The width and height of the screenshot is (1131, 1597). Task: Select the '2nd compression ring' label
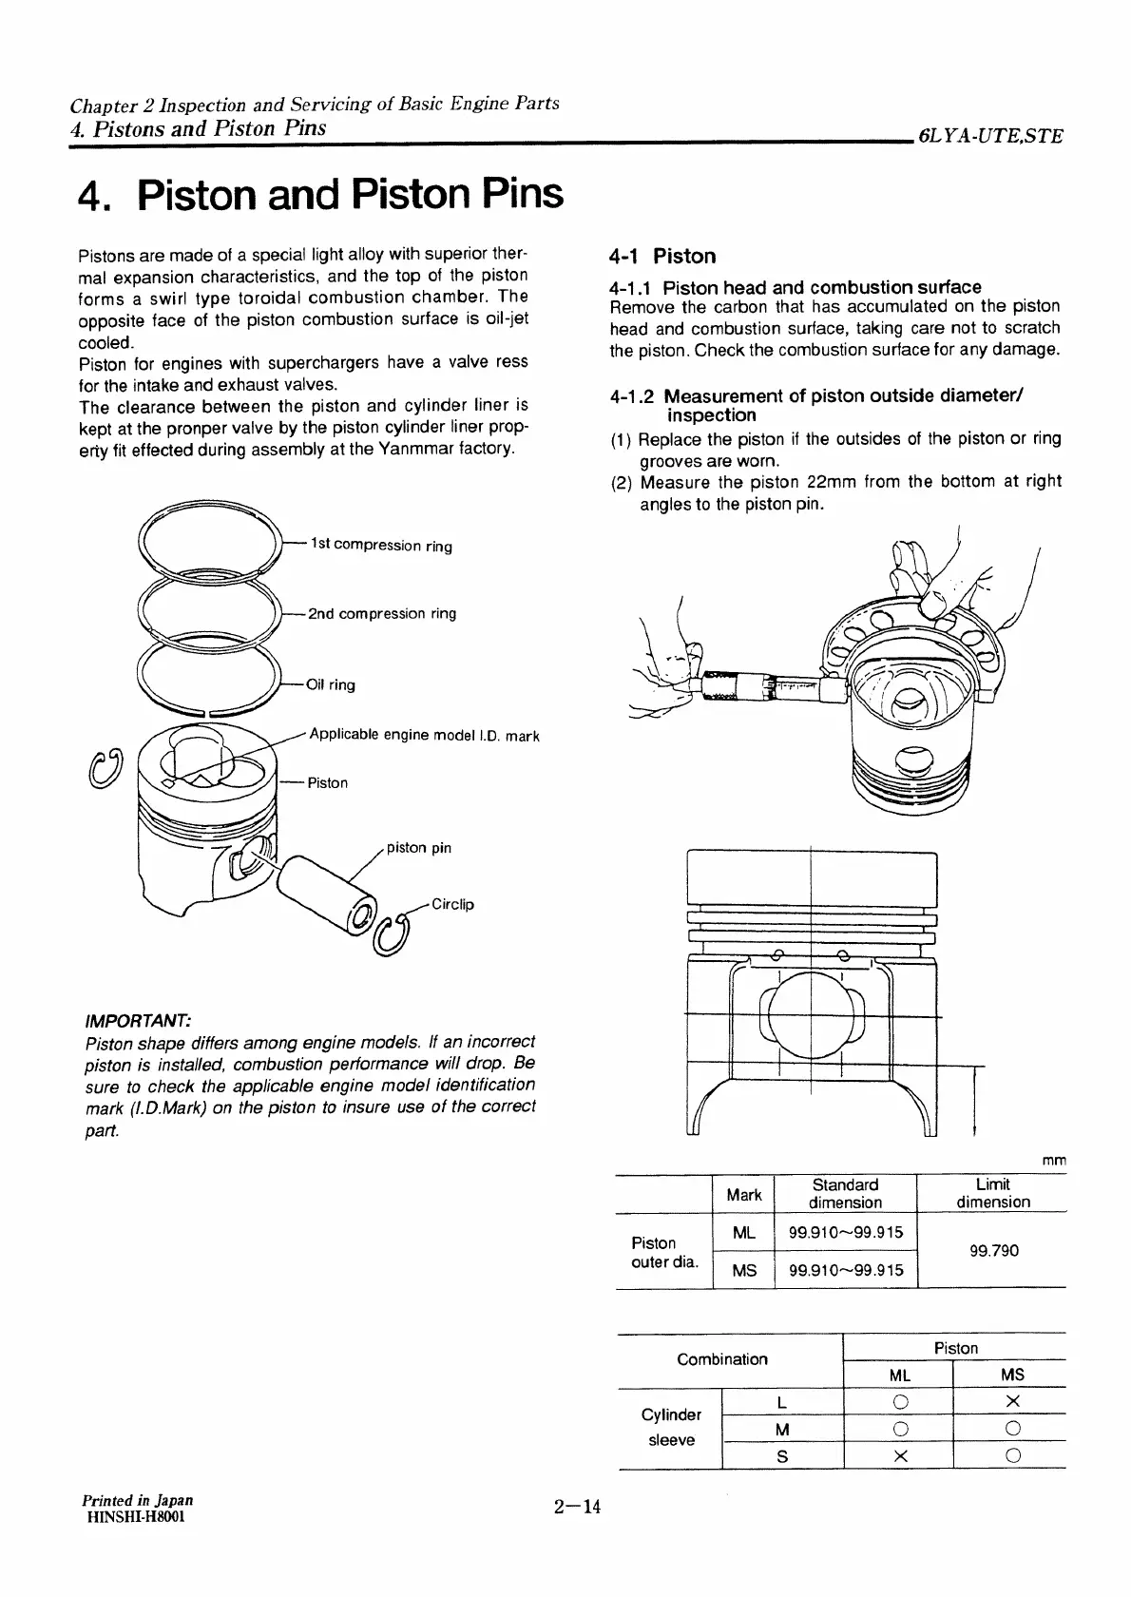382,613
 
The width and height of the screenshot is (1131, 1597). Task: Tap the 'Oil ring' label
331,684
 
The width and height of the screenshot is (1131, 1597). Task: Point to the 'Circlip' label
452,904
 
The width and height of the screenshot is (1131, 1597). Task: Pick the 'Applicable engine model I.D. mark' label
424,735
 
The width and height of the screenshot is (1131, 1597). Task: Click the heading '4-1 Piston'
662,256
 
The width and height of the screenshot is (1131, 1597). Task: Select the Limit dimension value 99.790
993,1250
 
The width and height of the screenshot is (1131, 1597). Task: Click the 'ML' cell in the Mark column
744,1232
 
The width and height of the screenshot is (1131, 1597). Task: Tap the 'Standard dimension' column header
845,1193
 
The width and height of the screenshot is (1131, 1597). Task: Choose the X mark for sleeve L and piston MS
1012,1401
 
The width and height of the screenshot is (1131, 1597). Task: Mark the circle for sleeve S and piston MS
1012,1455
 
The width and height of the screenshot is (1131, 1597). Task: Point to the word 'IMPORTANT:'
138,1020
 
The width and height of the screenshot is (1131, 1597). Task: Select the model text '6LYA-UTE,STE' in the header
989,136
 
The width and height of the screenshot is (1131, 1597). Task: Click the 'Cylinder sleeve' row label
671,1428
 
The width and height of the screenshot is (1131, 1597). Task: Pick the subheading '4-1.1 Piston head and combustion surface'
796,286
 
